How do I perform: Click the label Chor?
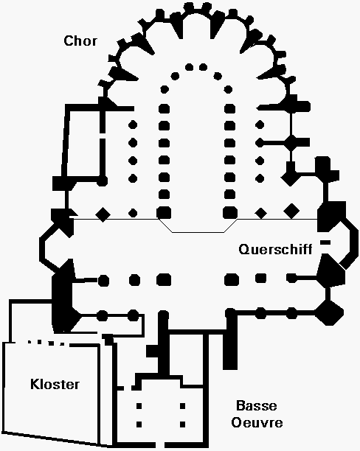coord(80,41)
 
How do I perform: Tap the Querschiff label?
coord(275,249)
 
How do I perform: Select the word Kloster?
coord(55,384)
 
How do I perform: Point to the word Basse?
coord(256,405)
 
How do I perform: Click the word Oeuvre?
coord(257,422)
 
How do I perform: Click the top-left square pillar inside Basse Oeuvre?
coord(139,406)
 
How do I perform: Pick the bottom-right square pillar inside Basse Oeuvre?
coord(183,424)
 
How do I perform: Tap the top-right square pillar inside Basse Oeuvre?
coord(183,406)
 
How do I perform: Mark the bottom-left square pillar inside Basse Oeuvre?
coord(139,424)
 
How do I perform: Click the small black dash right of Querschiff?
coord(325,242)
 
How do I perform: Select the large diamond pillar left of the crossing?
coord(103,214)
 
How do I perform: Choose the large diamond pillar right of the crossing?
coord(291,211)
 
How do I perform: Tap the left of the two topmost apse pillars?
coord(189,67)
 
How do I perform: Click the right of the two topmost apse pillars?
coord(203,67)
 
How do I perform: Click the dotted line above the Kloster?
coord(46,343)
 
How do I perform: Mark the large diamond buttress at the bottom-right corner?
coord(329,312)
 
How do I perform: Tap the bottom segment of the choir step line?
coord(198,232)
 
